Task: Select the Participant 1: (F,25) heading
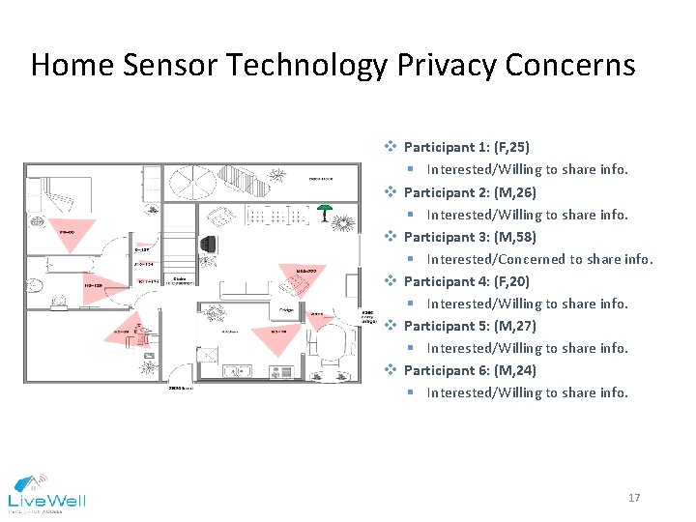click(466, 148)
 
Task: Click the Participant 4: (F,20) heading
click(466, 281)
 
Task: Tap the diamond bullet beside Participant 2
click(391, 192)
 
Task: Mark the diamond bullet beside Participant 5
click(391, 326)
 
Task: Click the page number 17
click(634, 498)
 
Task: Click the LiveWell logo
click(46, 492)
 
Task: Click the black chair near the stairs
click(209, 245)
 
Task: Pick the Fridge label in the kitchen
click(287, 309)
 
